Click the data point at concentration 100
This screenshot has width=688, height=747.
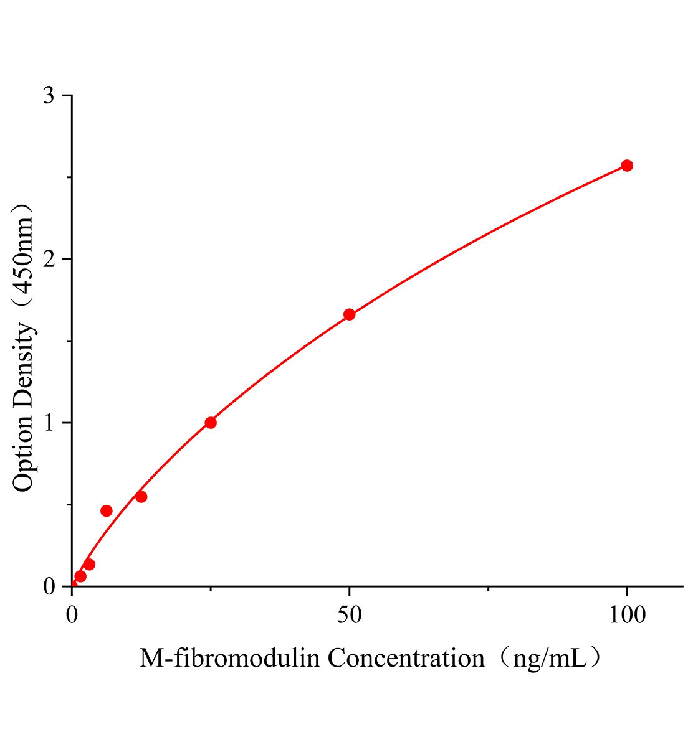coord(627,166)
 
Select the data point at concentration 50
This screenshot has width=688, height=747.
coord(350,314)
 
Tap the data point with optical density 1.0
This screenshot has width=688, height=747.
coord(211,423)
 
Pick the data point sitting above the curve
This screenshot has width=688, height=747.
coord(107,511)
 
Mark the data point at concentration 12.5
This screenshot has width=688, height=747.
coord(141,497)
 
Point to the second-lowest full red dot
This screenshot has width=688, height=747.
coord(89,565)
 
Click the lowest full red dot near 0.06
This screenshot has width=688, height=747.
coord(80,576)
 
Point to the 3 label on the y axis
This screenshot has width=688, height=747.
coord(49,95)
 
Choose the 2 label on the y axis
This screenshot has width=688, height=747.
coord(49,259)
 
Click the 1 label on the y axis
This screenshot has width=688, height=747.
coord(49,423)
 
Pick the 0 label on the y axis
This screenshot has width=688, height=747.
coord(49,586)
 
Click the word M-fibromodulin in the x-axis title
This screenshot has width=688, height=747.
coord(230,658)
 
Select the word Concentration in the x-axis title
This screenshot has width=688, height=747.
coord(406,658)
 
